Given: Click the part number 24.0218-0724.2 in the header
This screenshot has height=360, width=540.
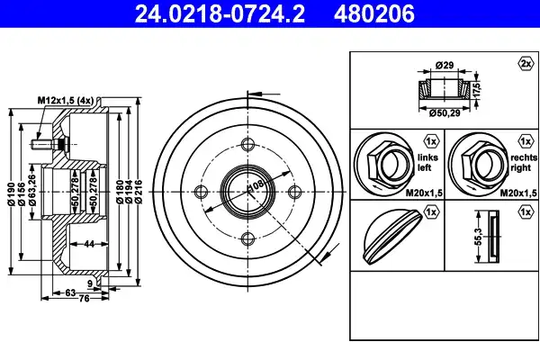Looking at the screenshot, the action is [220, 13].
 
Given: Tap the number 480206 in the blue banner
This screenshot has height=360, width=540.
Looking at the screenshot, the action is [373, 13].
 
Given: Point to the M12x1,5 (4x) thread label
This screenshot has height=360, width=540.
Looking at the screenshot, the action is [66, 101].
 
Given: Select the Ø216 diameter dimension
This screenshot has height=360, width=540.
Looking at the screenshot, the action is [139, 192].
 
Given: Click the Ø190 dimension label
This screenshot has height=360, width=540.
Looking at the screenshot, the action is [12, 194].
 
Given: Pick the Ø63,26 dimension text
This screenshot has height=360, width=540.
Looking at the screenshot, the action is [32, 190].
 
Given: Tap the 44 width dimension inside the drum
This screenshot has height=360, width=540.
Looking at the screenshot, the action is [89, 244].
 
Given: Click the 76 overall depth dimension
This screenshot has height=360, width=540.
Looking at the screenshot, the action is [85, 298].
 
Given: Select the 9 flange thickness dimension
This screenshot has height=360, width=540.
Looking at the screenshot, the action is [90, 283].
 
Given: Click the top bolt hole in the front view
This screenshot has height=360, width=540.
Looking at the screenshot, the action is [247, 144].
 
